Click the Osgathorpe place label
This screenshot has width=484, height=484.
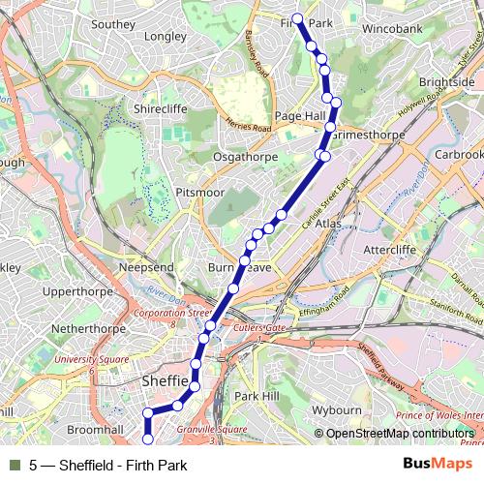(x=246, y=156)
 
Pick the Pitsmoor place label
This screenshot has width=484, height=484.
(x=199, y=193)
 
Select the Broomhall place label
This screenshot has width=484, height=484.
(x=96, y=428)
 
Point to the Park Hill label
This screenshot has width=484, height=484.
(x=257, y=397)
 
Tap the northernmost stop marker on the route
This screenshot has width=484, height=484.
(x=297, y=18)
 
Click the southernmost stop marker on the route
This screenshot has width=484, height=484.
(x=148, y=440)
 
